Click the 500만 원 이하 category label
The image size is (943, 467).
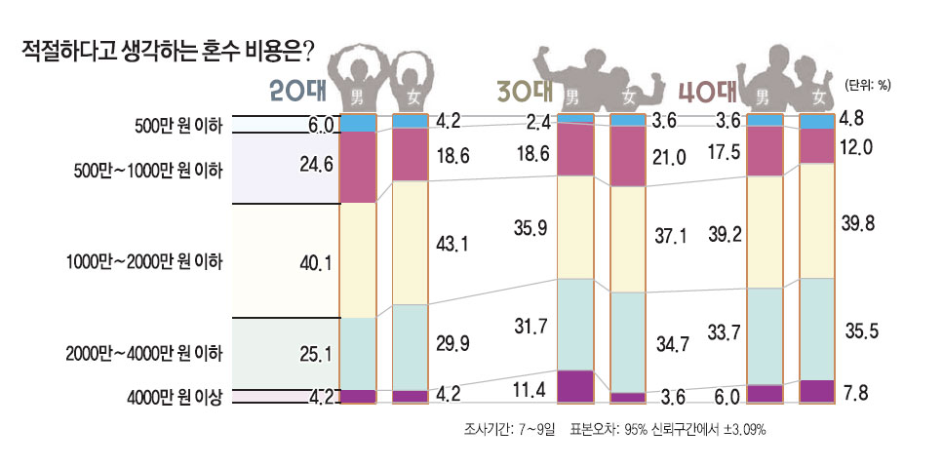(x=178, y=125)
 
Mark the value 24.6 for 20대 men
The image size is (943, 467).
(x=319, y=164)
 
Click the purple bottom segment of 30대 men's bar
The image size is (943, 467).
(x=575, y=385)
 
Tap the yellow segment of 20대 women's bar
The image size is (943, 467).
(x=410, y=243)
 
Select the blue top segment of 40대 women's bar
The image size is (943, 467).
(x=816, y=121)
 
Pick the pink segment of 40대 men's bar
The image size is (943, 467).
(x=765, y=151)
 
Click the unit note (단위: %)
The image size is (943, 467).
(x=867, y=85)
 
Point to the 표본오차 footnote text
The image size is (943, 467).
(x=667, y=428)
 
